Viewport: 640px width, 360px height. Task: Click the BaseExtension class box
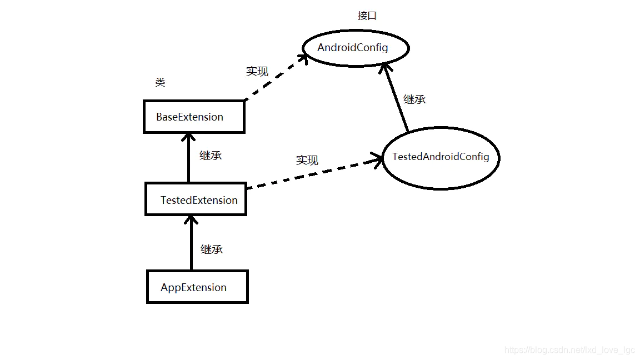pyautogui.click(x=194, y=117)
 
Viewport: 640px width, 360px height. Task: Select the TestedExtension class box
pyautogui.click(x=196, y=199)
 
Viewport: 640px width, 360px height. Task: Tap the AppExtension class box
pyautogui.click(x=197, y=287)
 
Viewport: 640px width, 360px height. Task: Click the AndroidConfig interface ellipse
pyautogui.click(x=356, y=48)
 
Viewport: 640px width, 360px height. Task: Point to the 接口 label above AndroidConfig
pyautogui.click(x=367, y=16)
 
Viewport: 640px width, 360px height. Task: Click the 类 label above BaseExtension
pyautogui.click(x=160, y=83)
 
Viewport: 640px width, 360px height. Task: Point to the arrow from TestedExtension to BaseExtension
pyautogui.click(x=189, y=158)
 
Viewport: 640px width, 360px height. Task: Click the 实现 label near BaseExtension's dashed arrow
pyautogui.click(x=257, y=71)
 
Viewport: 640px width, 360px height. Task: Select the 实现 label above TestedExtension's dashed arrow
pyautogui.click(x=307, y=160)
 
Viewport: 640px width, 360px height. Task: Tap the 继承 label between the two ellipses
pyautogui.click(x=414, y=99)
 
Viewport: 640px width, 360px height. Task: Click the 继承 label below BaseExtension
pyautogui.click(x=211, y=156)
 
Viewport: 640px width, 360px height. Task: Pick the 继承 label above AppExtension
pyautogui.click(x=212, y=249)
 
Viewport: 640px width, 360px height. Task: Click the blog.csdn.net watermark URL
pyautogui.click(x=569, y=350)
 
